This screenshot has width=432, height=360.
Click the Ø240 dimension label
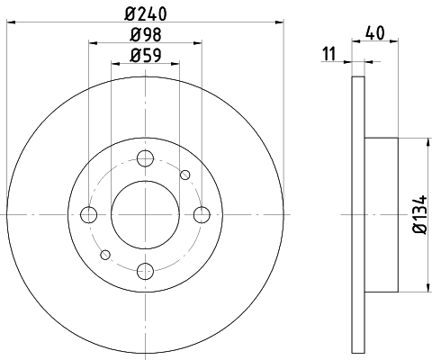tap(146, 13)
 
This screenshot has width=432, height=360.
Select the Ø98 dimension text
tap(146, 34)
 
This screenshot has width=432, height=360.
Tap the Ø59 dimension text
tap(146, 55)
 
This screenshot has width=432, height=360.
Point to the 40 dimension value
tap(375, 33)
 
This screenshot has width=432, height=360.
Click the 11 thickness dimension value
tap(328, 54)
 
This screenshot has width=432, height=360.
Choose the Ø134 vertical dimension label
tap(420, 214)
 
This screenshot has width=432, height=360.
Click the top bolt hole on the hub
tap(145, 158)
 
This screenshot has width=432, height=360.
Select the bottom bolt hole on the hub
tap(145, 271)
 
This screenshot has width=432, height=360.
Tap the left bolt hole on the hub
tap(89, 215)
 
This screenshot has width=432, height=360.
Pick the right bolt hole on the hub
tap(202, 215)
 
